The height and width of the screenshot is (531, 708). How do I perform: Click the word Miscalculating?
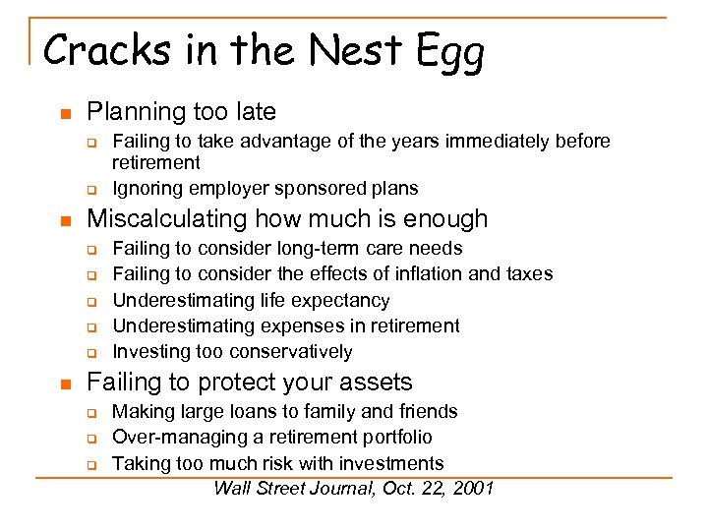(x=167, y=218)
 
